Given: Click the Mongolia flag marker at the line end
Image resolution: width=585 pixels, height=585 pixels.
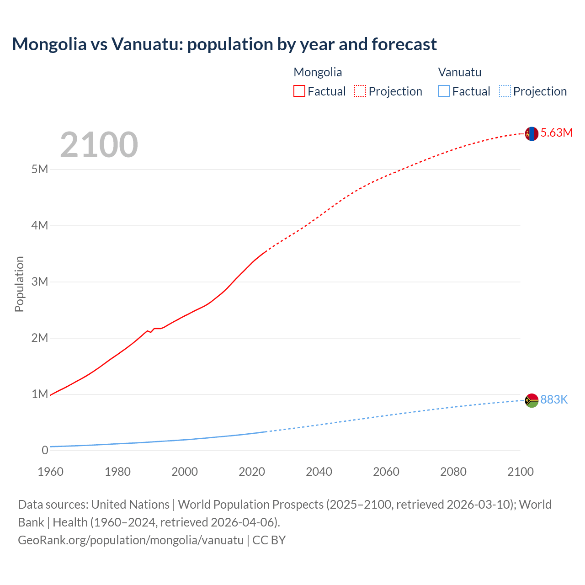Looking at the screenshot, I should pos(531,133).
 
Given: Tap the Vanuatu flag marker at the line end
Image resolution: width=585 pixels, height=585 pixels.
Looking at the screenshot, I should pos(532,400).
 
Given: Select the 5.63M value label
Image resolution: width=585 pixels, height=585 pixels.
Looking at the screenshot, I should pos(556,133).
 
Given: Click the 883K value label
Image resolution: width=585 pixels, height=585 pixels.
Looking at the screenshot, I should pos(554,399).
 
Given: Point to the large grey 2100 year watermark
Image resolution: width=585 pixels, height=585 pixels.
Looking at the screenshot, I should pos(99,145).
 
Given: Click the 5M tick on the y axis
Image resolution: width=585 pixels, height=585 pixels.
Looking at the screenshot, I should pos(40,169).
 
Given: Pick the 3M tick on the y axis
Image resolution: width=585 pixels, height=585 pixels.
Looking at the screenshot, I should pos(40,282).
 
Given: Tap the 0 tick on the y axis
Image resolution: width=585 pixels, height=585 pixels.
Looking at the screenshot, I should pos(45,450).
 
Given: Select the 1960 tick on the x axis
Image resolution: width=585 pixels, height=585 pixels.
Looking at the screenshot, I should pos(50,472).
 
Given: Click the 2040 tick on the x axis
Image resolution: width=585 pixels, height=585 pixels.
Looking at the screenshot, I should pos(319,472).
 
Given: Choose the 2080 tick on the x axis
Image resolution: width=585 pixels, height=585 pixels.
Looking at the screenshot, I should pos(453,472).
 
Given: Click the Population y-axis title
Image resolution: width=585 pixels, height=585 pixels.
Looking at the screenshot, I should pos(19,284).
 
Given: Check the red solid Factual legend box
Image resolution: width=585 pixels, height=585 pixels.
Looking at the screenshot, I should pos(299,91).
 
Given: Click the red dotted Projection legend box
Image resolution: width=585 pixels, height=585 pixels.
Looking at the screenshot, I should pos(360,91).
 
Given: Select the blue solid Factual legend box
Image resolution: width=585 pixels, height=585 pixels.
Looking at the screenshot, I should pos(443,91).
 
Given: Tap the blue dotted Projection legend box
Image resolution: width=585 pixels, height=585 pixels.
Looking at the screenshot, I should pos(505,91).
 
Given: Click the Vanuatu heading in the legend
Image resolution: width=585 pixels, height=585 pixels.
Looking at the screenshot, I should pos(459,72).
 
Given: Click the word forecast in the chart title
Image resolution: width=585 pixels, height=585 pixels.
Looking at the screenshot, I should pos(404,44).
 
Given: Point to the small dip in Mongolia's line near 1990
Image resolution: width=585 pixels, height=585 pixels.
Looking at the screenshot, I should pos(150,332).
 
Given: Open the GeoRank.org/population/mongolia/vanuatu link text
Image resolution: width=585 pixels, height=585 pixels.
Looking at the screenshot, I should pos(131,540).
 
